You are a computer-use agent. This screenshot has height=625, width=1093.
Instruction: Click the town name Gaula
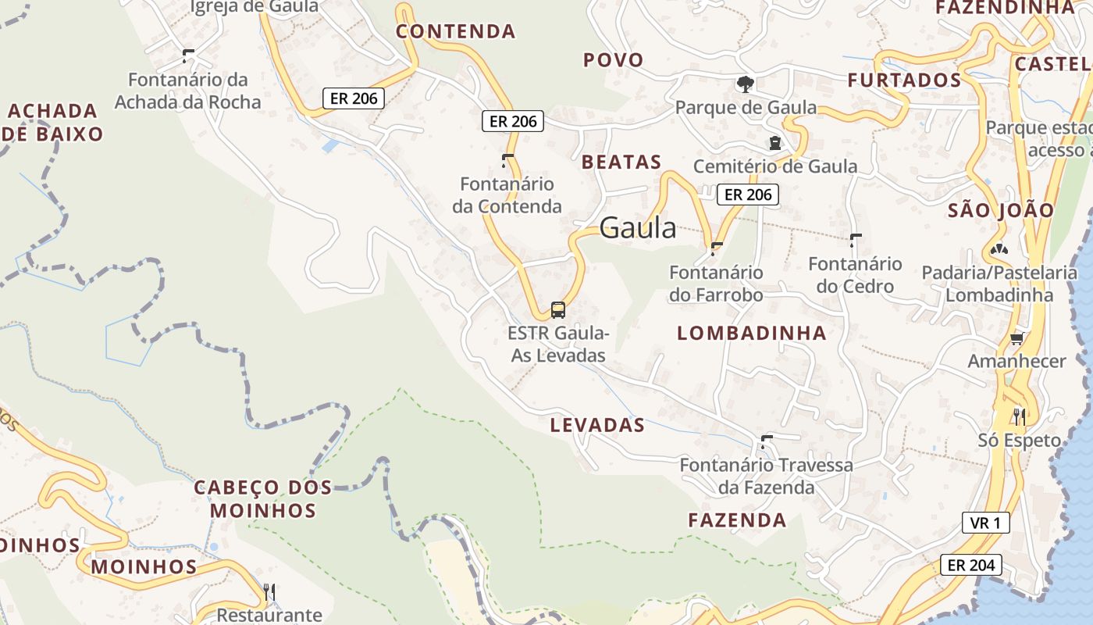pyautogui.click(x=638, y=227)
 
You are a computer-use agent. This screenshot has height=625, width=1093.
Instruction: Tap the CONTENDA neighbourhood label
pyautogui.click(x=456, y=31)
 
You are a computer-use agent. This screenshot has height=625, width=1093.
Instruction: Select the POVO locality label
pyautogui.click(x=614, y=60)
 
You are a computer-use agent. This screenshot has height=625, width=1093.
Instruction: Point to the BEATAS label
pyautogui.click(x=621, y=162)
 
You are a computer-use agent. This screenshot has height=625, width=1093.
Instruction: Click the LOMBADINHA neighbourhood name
pyautogui.click(x=751, y=334)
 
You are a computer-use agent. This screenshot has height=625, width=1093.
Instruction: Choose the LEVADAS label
pyautogui.click(x=597, y=426)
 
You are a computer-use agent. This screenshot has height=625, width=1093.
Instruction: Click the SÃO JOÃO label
pyautogui.click(x=1001, y=210)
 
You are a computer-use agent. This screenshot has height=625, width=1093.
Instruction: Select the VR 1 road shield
pyautogui.click(x=985, y=523)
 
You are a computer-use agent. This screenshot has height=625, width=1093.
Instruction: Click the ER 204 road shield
pyautogui.click(x=967, y=565)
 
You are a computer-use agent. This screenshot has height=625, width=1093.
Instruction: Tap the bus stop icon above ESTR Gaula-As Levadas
pyautogui.click(x=558, y=310)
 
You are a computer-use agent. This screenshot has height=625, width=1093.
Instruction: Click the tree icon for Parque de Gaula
pyautogui.click(x=746, y=84)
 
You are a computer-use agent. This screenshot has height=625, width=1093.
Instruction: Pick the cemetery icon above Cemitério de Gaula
pyautogui.click(x=774, y=143)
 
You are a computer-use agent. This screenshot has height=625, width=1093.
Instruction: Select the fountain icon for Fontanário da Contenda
pyautogui.click(x=507, y=161)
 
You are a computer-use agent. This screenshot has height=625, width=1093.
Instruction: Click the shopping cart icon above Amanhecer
pyautogui.click(x=1016, y=338)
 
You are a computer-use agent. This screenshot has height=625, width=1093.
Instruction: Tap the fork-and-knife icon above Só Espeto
pyautogui.click(x=1019, y=416)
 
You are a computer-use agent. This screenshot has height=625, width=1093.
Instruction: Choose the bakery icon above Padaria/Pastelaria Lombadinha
pyautogui.click(x=999, y=249)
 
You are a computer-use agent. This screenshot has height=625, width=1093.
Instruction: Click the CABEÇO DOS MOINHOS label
pyautogui.click(x=262, y=499)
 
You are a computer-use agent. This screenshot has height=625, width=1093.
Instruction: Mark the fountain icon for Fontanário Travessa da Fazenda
pyautogui.click(x=766, y=441)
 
